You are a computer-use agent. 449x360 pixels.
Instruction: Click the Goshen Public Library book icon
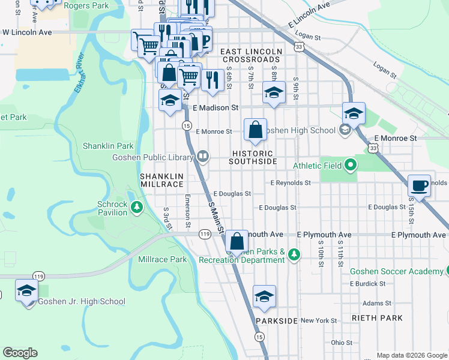[203, 157]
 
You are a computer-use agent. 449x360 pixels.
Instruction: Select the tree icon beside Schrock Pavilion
[137, 208]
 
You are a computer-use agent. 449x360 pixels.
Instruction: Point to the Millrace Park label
[162, 260]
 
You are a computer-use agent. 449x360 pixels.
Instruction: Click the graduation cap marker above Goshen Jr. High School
[26, 292]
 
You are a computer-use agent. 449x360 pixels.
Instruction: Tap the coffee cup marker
[420, 185]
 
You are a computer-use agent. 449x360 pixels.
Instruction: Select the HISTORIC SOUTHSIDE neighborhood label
[253, 158]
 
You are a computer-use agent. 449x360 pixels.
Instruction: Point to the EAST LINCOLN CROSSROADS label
[252, 56]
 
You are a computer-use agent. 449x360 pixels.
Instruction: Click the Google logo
[20, 353]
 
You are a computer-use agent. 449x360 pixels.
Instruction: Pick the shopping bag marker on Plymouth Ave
[237, 242]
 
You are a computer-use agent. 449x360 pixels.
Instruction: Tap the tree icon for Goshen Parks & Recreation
[294, 254]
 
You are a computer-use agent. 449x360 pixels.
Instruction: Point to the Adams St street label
[376, 304]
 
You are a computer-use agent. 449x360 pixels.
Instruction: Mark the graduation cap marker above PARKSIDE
[264, 297]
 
